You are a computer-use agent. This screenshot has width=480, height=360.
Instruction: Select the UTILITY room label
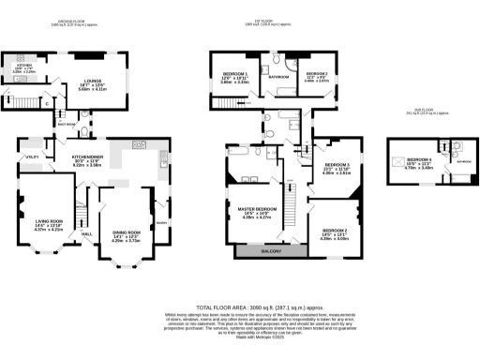[x=32, y=157]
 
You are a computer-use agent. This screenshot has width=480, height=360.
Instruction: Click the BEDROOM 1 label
[x=234, y=73]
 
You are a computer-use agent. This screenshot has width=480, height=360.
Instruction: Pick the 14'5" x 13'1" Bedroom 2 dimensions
[x=335, y=234]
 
